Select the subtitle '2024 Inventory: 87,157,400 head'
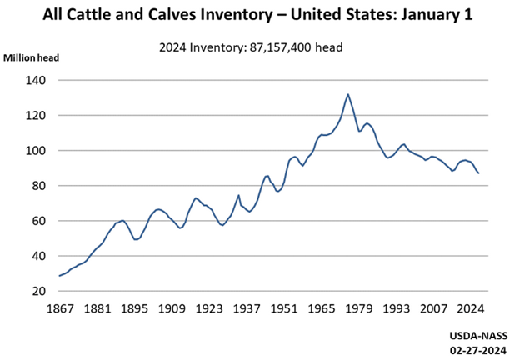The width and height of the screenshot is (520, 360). (251, 47)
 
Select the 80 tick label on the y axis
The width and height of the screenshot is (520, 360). (40, 186)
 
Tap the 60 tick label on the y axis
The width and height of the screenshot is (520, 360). (40, 221)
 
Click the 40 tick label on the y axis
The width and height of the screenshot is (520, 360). (40, 256)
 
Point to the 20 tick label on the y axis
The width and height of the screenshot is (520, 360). (40, 292)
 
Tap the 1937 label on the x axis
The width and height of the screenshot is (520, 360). (246, 308)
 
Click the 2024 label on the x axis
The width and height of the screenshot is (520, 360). (471, 308)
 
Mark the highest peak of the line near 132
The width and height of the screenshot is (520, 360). (347, 94)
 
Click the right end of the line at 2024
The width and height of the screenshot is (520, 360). (478, 172)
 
